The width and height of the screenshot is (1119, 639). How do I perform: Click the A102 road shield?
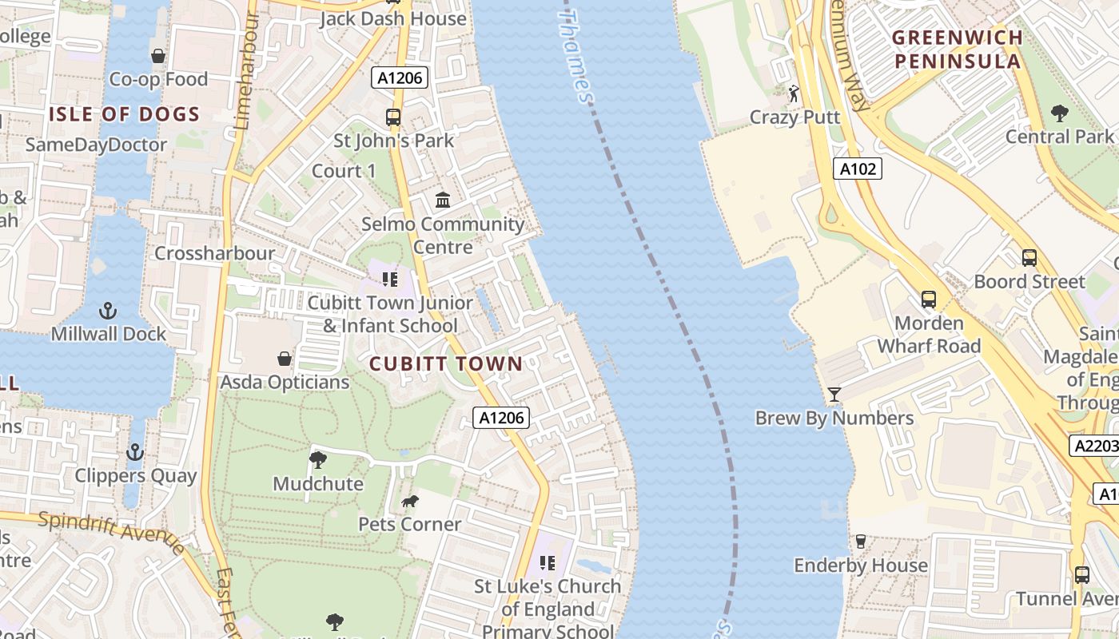point(859,169)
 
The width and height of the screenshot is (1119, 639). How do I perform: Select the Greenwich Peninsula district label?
point(957,50)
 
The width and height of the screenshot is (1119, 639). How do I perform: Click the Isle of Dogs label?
point(124,114)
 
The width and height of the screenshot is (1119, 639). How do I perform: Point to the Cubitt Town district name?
point(445,364)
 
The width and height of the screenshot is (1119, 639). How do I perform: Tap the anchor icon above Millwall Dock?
point(108,311)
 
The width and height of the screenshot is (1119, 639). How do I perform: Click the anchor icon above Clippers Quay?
point(135,453)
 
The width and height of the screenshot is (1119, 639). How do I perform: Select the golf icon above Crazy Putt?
point(793,94)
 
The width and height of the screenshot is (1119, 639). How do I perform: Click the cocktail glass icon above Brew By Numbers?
point(834,395)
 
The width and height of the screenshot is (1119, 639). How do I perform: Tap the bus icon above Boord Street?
point(1029,258)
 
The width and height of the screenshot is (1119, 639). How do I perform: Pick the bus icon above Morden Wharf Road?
point(928,300)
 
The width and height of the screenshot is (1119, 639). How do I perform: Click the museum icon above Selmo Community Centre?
point(442,200)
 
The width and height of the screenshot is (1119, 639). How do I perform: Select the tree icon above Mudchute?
point(317,460)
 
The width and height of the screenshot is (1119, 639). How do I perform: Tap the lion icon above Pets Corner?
point(409,502)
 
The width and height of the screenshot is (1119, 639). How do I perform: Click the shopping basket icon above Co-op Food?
point(158,56)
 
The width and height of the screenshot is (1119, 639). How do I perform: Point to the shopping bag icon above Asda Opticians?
point(284,359)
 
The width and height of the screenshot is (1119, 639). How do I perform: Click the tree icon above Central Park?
point(1060,113)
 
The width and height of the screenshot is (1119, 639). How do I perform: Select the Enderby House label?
point(861,566)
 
